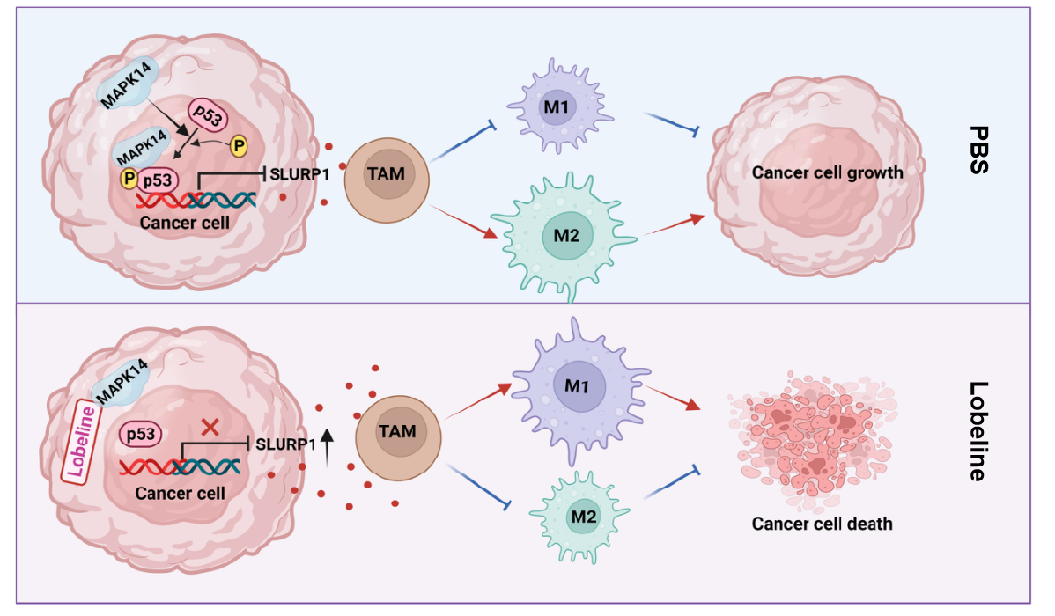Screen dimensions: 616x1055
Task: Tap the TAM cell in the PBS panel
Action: tap(386, 173)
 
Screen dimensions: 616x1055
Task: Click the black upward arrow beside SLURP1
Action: tap(327, 445)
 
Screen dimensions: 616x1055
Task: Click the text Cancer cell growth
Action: tap(827, 172)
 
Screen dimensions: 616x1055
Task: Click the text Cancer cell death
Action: tap(822, 524)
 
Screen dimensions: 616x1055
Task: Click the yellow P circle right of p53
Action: tap(239, 143)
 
